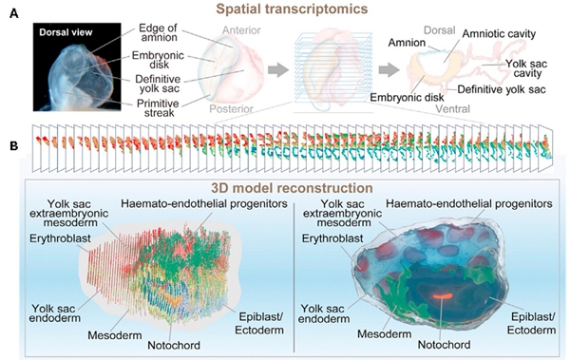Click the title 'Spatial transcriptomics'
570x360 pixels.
click(x=285, y=9)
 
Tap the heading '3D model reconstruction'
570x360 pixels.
click(x=292, y=188)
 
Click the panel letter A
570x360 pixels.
click(x=14, y=14)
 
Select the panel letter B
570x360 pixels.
click(x=14, y=146)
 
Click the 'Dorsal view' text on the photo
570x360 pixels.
click(x=66, y=32)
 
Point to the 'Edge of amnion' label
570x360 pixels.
click(x=158, y=32)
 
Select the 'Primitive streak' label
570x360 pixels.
click(x=158, y=108)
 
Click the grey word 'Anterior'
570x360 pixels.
click(x=241, y=30)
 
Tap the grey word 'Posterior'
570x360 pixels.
click(x=231, y=108)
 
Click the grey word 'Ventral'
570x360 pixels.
click(x=452, y=108)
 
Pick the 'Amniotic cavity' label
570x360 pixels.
click(x=499, y=34)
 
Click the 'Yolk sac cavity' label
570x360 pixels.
click(x=526, y=68)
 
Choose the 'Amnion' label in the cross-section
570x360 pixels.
click(x=407, y=43)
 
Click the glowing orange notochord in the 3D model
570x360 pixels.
click(x=443, y=295)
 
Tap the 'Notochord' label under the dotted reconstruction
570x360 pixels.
click(x=174, y=345)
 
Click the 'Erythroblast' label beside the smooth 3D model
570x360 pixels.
click(x=332, y=238)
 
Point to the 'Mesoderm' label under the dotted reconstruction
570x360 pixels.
click(x=115, y=335)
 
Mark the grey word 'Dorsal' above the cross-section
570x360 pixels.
click(x=439, y=30)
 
